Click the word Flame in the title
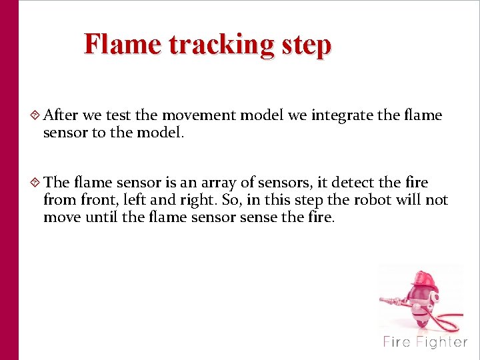(123, 45)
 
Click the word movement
(199, 115)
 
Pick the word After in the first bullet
(61, 115)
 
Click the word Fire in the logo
(397, 342)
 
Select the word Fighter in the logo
(441, 342)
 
